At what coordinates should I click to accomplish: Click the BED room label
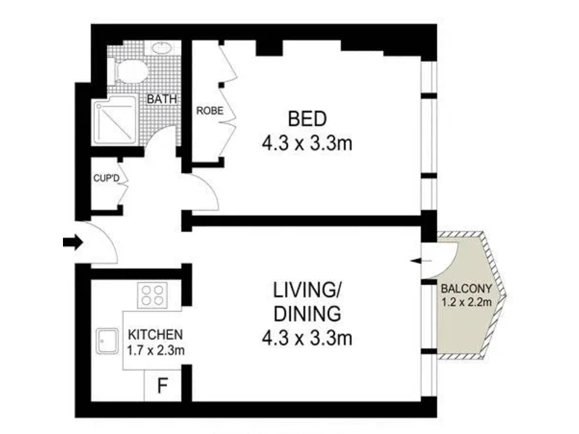click(x=307, y=119)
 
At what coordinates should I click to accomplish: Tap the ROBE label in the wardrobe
click(x=210, y=111)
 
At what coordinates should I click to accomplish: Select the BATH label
click(x=161, y=99)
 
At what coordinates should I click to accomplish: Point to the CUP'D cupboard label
click(x=106, y=178)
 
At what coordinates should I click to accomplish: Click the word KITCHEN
click(x=155, y=335)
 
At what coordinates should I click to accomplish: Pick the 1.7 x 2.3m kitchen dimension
click(x=156, y=350)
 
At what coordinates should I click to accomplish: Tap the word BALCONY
click(x=466, y=288)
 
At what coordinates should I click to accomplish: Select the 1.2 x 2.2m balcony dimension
click(x=466, y=302)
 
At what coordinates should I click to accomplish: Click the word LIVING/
click(x=307, y=290)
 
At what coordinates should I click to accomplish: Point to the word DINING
click(x=307, y=314)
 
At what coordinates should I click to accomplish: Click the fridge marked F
click(x=162, y=386)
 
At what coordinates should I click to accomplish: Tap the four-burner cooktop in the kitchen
click(x=153, y=295)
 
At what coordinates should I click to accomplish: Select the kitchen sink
click(x=107, y=341)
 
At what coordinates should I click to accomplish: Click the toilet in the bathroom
click(x=131, y=71)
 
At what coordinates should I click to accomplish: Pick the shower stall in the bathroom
click(x=116, y=119)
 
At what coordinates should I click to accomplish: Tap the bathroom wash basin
click(x=161, y=48)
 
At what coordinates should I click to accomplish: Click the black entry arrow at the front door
click(x=73, y=242)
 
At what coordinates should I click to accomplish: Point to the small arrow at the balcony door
click(x=421, y=261)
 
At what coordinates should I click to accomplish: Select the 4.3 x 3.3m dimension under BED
click(x=307, y=143)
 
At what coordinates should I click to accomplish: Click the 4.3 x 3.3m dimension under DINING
click(x=307, y=338)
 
